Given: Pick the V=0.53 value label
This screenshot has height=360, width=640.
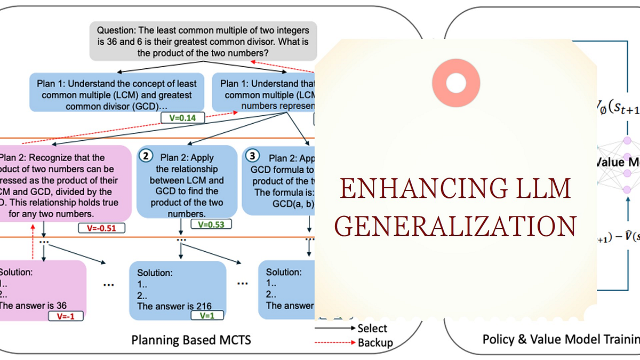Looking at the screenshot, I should click(211, 223).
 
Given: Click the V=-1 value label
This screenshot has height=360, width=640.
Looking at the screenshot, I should click(66, 316).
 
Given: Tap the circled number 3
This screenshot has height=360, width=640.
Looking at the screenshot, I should click(252, 156).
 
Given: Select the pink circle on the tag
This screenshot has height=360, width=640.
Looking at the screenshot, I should click(456, 83).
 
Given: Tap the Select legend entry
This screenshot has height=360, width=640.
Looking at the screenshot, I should click(372, 328).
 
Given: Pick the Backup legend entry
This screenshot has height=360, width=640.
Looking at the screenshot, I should click(375, 342).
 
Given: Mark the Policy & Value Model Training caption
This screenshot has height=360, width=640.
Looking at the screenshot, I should click(560, 339).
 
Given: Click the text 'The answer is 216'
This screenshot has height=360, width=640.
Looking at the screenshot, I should click(174, 306).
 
